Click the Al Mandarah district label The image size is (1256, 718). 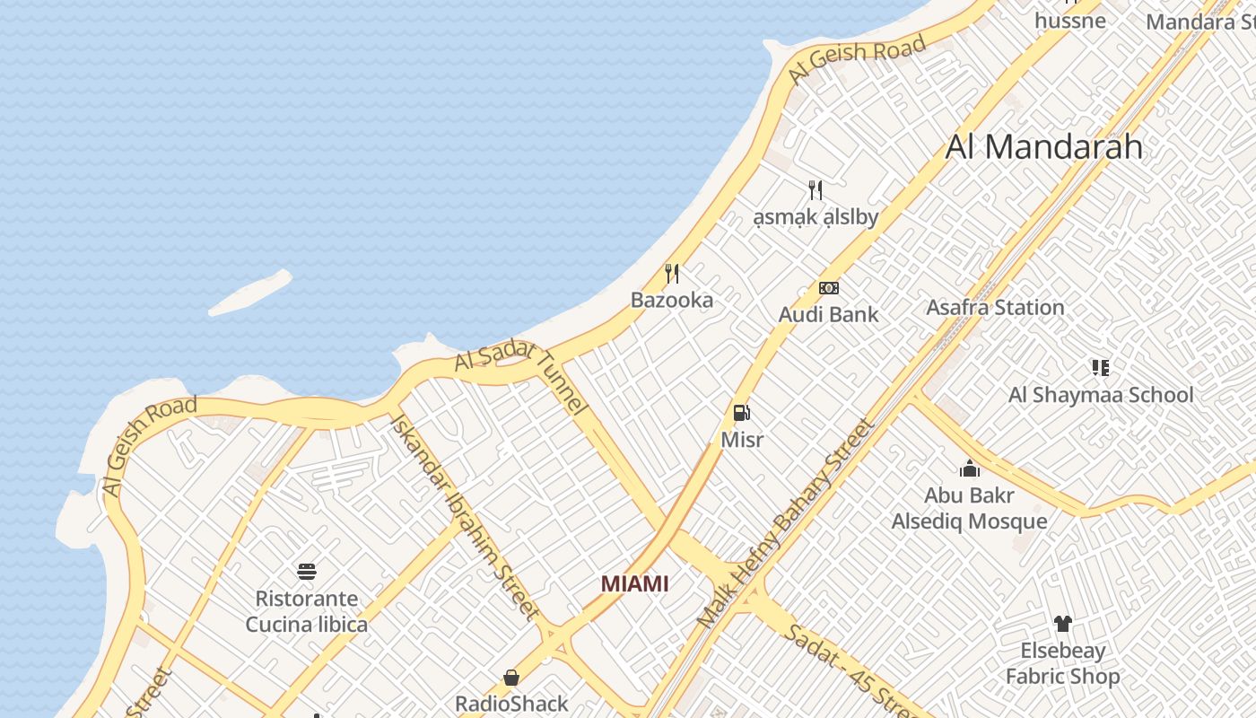tap(1044, 146)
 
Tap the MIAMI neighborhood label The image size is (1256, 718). tap(634, 583)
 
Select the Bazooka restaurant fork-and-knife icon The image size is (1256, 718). tap(672, 273)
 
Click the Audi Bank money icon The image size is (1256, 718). tap(829, 288)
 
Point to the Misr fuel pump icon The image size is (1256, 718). tap(742, 413)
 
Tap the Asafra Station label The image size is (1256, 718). tap(995, 307)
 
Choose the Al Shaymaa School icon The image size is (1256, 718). tap(1101, 367)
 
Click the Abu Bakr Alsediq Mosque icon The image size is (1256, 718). tap(969, 468)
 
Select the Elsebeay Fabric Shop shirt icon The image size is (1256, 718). tap(1062, 624)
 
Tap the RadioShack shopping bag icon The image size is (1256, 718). tap(511, 677)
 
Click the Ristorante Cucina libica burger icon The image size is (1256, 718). tap(306, 572)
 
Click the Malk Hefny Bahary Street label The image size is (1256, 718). tap(785, 523)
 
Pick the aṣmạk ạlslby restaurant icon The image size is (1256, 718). tap(815, 189)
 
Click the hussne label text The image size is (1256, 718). tap(1069, 20)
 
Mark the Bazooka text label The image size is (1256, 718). tap(672, 300)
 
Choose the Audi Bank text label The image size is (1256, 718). tap(828, 314)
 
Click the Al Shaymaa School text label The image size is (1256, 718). tap(1101, 395)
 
